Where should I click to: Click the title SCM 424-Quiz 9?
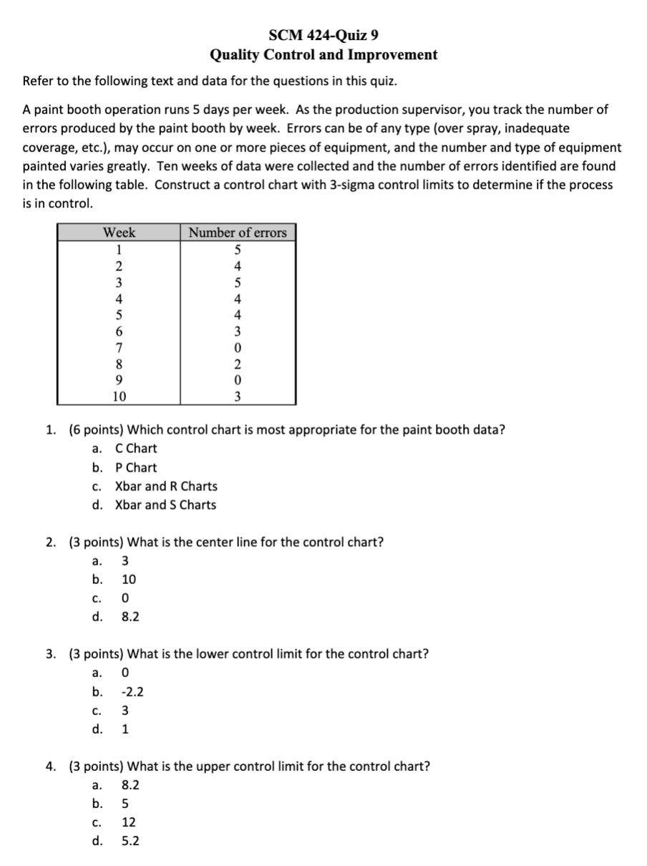[x=323, y=35]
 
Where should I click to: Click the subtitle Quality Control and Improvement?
[x=323, y=55]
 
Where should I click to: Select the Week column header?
[x=119, y=233]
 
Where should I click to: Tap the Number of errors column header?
[x=238, y=233]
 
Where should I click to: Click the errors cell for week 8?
[x=238, y=364]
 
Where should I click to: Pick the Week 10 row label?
[x=119, y=396]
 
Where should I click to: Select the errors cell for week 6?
[x=238, y=331]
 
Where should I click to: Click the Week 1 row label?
[x=119, y=250]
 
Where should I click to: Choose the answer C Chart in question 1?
[x=136, y=449]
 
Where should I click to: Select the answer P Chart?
[x=136, y=468]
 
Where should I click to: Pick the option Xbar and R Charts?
[x=166, y=487]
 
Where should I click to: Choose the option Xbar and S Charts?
[x=165, y=505]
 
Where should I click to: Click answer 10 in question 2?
[x=129, y=580]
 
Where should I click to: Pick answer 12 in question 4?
[x=129, y=823]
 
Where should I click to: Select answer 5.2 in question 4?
[x=130, y=842]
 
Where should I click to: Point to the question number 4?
[x=50, y=767]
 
